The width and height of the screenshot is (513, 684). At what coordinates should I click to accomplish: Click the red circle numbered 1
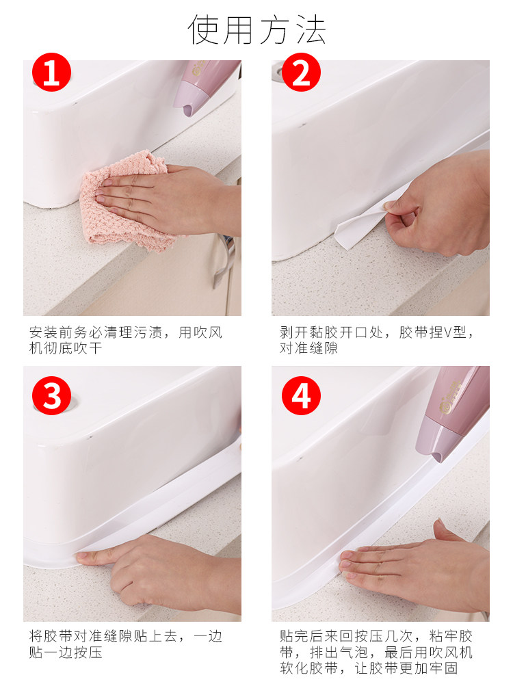pos(51,73)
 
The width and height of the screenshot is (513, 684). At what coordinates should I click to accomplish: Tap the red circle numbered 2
pos(301,73)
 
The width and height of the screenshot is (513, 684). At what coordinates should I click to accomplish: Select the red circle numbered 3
pos(51,395)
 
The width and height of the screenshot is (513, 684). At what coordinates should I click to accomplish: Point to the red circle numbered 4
pos(301,395)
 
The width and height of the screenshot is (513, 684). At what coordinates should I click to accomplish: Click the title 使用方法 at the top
pos(257,29)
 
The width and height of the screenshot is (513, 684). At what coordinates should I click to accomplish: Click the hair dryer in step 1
pos(205,88)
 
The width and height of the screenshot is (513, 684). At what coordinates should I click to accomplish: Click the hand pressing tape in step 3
pos(161,571)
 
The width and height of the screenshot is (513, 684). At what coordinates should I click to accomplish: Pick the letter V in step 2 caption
pos(447,333)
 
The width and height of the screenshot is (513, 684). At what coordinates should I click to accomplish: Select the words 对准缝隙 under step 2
pos(309,348)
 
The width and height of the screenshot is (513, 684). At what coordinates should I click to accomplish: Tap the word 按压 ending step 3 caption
pos(88,652)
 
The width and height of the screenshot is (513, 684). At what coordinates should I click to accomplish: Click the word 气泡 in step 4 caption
pos(354,652)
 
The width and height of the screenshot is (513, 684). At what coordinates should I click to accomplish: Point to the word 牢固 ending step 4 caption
pos(443,668)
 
